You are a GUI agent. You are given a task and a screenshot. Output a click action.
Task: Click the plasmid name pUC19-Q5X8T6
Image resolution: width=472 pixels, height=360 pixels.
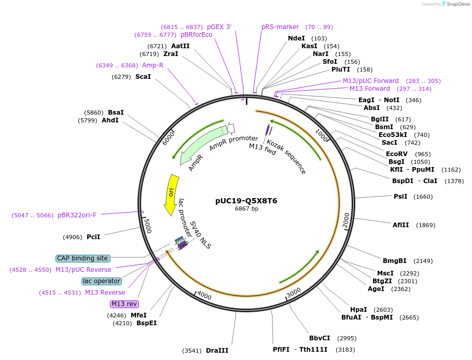point(246,201)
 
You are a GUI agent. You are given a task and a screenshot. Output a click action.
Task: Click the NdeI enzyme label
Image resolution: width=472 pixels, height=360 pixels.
point(296,38)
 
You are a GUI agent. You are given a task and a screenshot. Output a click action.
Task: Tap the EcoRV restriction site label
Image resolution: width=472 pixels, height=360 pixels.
point(397,154)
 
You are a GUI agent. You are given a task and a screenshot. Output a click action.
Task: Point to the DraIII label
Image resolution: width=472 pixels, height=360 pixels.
point(217,351)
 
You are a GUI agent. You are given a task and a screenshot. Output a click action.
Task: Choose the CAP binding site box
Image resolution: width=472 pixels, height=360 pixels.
point(82,258)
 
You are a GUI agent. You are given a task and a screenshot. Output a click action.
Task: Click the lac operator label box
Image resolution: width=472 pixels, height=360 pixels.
point(102,281)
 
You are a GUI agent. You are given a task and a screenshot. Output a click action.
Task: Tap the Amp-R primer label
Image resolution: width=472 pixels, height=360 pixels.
point(152,65)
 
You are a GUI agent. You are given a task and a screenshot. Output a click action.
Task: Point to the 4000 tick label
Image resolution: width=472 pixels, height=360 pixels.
point(204,295)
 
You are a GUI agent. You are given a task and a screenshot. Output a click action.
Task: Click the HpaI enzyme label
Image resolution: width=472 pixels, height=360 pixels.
point(358,309)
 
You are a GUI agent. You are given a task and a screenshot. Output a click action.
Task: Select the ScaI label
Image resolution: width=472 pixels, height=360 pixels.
point(143,77)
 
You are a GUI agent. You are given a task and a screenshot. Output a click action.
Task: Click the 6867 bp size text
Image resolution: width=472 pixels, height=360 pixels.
point(246,209)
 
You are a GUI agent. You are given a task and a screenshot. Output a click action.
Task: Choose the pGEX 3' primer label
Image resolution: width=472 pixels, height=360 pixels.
point(219,27)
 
